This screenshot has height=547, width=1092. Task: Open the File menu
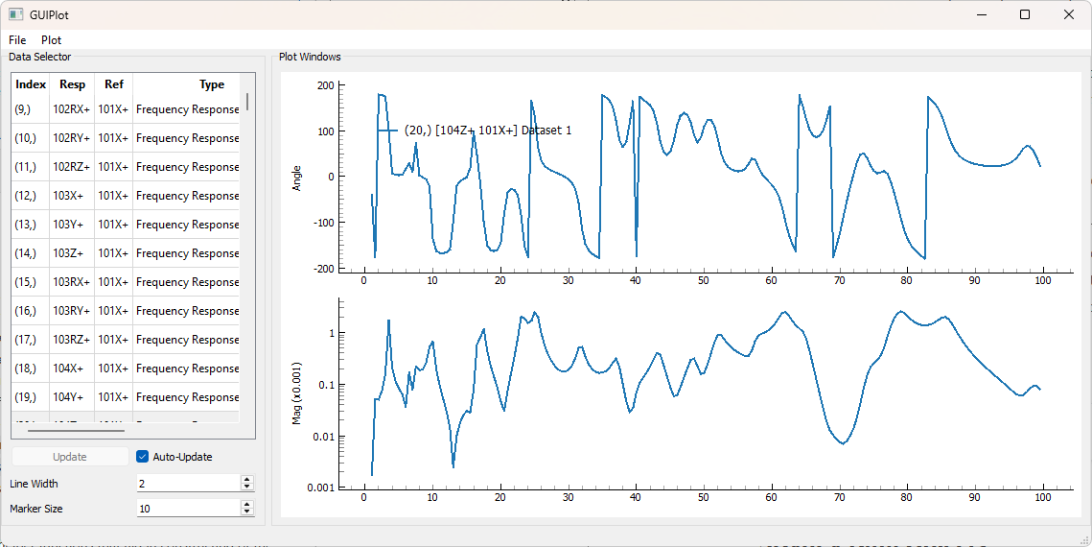point(17,40)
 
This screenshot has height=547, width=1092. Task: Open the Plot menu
point(51,40)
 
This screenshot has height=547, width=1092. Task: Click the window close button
point(1069,14)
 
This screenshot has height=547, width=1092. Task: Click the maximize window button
point(1025,14)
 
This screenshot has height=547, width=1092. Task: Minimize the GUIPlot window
point(981,14)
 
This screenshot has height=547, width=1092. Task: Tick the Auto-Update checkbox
point(143,457)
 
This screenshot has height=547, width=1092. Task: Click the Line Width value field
point(187,484)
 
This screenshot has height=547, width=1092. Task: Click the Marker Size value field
point(187,509)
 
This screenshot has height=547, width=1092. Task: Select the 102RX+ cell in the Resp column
point(72,109)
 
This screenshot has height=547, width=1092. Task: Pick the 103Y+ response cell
point(72,225)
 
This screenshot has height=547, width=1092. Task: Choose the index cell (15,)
point(25,282)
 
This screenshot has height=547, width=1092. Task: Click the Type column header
point(211,84)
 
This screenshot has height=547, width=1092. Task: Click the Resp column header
point(72,84)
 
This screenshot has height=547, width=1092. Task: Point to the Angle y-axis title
point(296,177)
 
